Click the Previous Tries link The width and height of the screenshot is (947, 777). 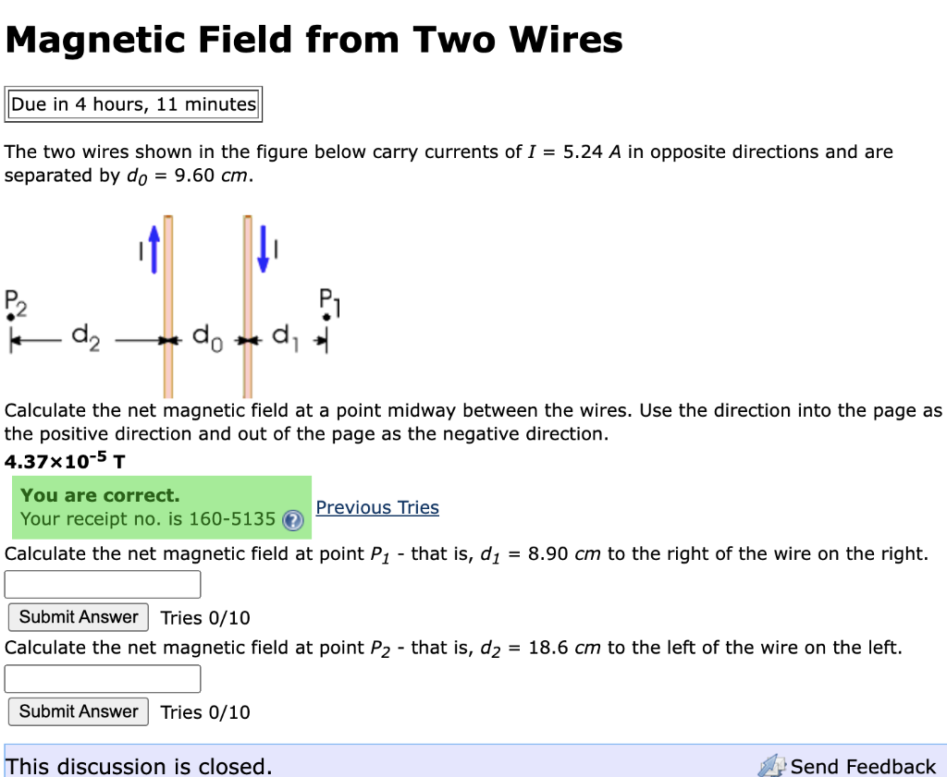[377, 507]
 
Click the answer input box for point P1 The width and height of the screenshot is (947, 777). [103, 584]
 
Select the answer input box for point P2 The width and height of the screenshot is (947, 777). [103, 678]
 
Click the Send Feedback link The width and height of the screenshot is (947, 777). [862, 766]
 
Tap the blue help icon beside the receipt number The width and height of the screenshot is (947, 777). [292, 520]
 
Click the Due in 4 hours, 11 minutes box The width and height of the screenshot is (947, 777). [133, 104]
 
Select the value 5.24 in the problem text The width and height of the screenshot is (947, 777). [583, 152]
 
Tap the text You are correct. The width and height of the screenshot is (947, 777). [100, 495]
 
